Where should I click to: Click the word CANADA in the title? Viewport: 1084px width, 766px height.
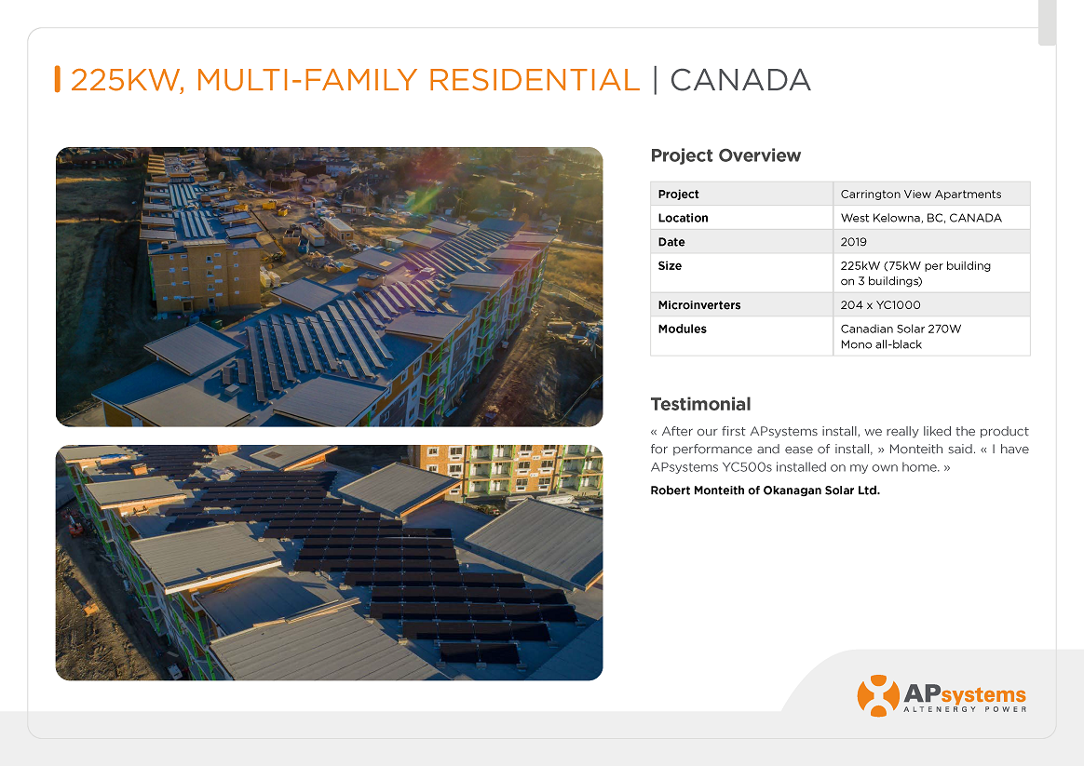739,80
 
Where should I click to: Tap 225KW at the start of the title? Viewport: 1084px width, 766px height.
127,81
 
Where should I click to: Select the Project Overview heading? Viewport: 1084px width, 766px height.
725,155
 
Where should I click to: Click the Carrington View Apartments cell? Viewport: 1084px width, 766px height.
921,195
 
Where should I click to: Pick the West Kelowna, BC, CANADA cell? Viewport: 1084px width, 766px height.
921,218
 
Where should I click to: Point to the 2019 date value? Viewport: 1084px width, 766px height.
853,242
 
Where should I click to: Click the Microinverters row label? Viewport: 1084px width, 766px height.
699,304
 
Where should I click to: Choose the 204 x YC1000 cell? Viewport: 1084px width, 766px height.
880,304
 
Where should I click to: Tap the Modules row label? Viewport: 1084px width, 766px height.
682,329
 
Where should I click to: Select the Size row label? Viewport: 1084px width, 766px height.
670,265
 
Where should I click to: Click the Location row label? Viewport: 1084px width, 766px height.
683,218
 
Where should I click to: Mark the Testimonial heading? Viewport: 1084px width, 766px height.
700,404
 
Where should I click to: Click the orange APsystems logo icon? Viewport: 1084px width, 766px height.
878,695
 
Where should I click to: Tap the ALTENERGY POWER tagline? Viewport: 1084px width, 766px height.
965,709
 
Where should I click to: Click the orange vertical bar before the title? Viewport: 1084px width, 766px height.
58,79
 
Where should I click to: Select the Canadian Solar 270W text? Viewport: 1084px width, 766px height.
901,329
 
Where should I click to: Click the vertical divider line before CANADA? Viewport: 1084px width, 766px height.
656,80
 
